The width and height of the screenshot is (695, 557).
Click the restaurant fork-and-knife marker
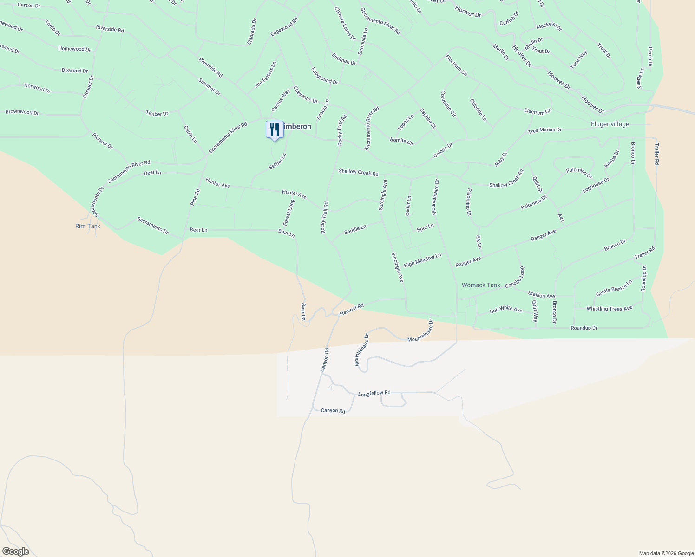(x=275, y=129)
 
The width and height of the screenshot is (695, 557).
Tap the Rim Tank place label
(x=88, y=226)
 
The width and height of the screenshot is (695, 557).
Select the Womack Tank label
(x=481, y=285)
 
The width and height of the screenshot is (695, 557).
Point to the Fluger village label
(x=610, y=124)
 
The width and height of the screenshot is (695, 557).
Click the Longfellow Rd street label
(x=374, y=393)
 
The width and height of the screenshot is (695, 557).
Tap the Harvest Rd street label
(x=351, y=310)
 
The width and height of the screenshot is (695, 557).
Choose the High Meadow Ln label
(x=422, y=260)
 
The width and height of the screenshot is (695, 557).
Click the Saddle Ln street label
(x=355, y=229)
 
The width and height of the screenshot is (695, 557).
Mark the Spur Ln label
(x=425, y=227)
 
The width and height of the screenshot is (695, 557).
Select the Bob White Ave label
(x=506, y=310)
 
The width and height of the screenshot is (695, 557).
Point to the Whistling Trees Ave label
(x=609, y=309)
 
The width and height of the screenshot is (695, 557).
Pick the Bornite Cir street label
(x=401, y=141)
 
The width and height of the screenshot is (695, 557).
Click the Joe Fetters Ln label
(x=266, y=75)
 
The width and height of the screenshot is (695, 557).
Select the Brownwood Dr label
(x=22, y=112)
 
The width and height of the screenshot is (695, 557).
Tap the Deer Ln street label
(x=152, y=173)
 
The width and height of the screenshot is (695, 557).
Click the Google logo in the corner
(x=15, y=551)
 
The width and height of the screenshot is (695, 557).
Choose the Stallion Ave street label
(x=541, y=295)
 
